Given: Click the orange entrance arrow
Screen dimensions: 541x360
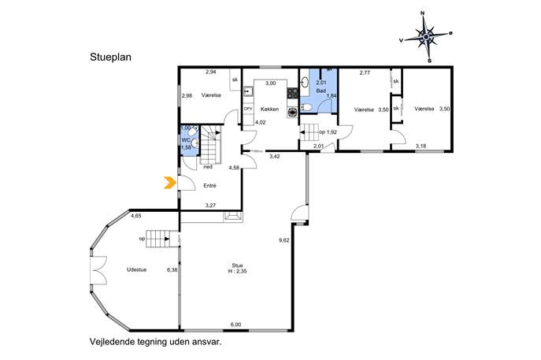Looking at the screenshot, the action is coord(169,183).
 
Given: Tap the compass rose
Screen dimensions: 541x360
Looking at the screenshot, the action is coord(427,37).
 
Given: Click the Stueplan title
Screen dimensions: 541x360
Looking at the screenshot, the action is coord(110,57).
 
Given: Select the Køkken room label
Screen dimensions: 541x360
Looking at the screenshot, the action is coord(270,109).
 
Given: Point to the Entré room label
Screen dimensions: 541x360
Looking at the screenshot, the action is coord(209,186).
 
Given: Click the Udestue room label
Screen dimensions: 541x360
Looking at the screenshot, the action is coord(137,270).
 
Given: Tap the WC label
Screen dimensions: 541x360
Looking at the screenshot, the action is coord(186,140).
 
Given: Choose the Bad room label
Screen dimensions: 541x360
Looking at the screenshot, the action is coord(321,91).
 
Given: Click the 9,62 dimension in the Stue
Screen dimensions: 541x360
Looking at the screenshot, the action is coord(284,240).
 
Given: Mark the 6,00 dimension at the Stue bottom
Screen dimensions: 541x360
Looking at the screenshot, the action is coord(236,325).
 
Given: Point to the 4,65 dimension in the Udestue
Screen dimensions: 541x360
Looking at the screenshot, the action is coord(136,216).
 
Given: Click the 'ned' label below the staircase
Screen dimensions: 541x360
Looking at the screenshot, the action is coord(208,167).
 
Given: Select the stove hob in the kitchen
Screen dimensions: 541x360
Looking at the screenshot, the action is coord(292,92).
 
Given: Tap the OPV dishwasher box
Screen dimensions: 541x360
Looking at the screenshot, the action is coord(248,109).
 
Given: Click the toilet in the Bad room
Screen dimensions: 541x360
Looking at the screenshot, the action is coord(306,108).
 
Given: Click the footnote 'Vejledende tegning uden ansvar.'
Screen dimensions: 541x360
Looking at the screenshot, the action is coord(156,342).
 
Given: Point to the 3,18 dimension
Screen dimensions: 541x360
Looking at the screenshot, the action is coord(421,146).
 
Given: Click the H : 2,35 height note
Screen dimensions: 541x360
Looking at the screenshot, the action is coord(237,271).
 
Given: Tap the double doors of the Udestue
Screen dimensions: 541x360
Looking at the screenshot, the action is coord(98,270).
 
